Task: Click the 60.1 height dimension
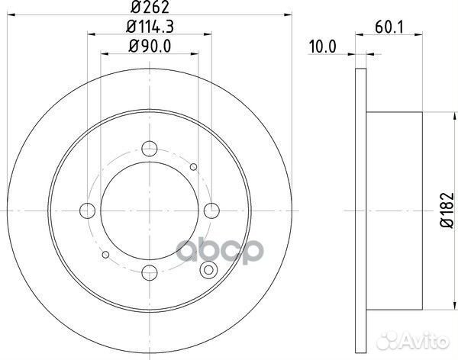389,27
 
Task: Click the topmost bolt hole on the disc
150,149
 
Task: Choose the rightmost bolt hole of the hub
210,210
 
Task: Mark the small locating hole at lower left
107,253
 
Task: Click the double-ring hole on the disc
206,269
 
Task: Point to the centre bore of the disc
150,210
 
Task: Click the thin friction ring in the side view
360,210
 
